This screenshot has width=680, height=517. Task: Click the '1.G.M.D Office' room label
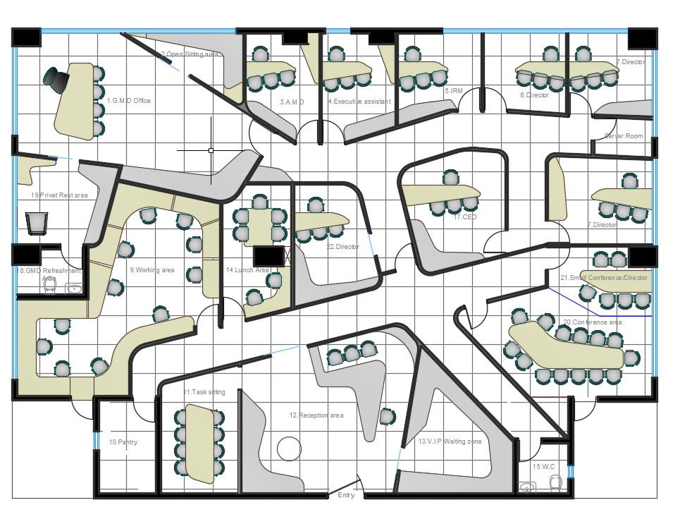(x=128, y=101)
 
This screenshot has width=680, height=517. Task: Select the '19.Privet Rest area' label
(x=59, y=195)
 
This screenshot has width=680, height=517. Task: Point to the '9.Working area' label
(x=152, y=269)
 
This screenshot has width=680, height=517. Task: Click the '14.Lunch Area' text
(x=247, y=270)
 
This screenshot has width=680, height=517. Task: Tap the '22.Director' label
(x=342, y=247)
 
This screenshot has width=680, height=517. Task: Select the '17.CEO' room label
(x=466, y=218)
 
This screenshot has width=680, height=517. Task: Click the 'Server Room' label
(x=624, y=135)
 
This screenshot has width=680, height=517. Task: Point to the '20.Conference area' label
(x=592, y=322)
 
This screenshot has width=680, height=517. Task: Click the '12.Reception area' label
(x=316, y=415)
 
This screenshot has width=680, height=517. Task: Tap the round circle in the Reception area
(x=288, y=448)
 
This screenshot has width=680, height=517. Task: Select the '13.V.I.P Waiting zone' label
(x=450, y=442)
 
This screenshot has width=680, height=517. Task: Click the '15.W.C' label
(x=543, y=466)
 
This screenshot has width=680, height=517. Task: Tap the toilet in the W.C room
(x=555, y=483)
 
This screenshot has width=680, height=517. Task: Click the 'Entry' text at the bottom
(x=346, y=496)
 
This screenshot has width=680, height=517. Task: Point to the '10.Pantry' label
(x=123, y=442)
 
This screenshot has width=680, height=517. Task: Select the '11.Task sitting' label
(x=204, y=392)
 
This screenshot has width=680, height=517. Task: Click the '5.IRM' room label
(x=453, y=91)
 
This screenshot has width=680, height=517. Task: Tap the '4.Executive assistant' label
(x=359, y=102)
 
